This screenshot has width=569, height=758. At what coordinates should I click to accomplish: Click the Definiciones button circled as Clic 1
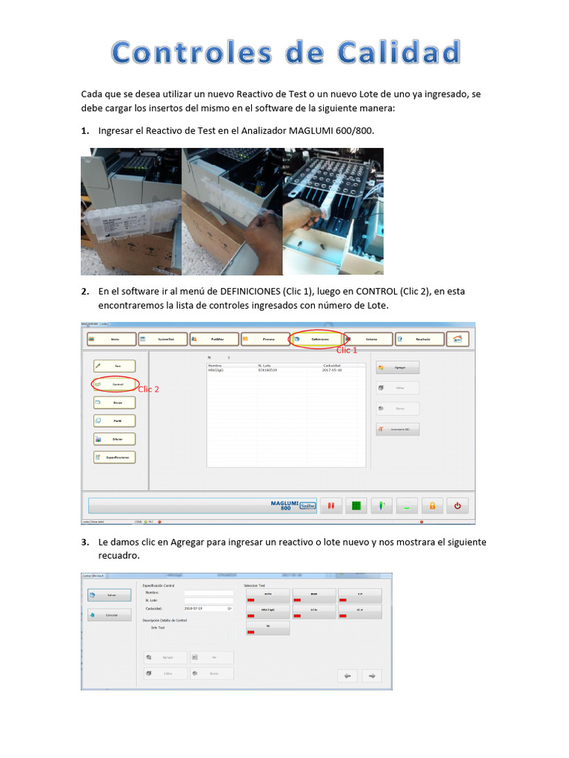click(x=316, y=339)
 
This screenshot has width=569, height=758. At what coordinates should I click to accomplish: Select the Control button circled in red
click(x=114, y=385)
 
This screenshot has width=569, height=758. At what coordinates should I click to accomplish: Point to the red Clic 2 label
click(x=148, y=389)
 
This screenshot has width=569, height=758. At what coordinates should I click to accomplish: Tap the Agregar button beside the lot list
click(x=398, y=367)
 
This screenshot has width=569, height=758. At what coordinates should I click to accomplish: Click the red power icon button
click(x=457, y=506)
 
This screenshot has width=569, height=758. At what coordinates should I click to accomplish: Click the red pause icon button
click(x=332, y=506)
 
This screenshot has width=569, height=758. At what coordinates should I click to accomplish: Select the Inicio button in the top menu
click(x=112, y=339)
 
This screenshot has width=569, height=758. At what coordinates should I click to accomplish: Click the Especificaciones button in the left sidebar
click(x=114, y=457)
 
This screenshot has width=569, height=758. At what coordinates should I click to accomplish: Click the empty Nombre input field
click(x=208, y=593)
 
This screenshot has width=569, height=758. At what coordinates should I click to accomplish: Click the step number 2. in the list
click(x=85, y=292)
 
